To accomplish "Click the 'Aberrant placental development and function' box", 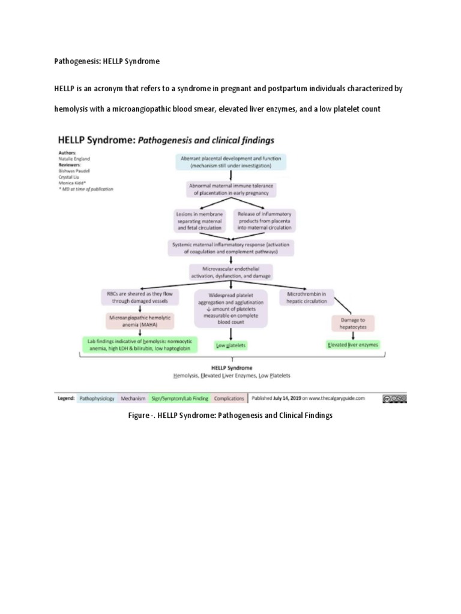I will click(230, 162).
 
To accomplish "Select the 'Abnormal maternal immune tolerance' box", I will click(230, 189).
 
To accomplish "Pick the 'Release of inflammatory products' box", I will click(264, 220).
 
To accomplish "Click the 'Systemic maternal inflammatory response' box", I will click(230, 248).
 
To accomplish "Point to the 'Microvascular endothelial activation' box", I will click(230, 272).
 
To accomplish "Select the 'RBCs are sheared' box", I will click(140, 298).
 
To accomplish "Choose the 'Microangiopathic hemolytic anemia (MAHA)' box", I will click(140, 321).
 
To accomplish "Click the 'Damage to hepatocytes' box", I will click(353, 324).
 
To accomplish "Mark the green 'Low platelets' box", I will click(230, 346).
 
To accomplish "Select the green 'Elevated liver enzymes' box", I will click(353, 346).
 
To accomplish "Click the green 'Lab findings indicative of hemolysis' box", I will click(140, 345).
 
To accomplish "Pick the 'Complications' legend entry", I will click(229, 398).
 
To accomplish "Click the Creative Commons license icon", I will click(394, 398).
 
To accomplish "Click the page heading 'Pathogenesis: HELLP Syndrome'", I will click(107, 61).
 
